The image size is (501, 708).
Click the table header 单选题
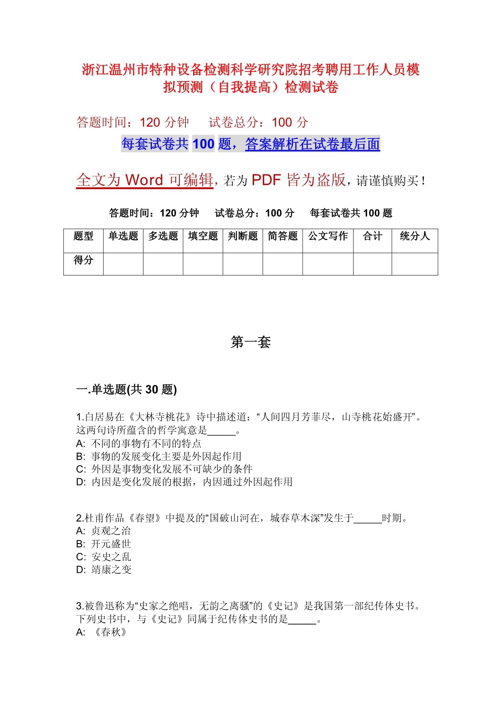point(123,236)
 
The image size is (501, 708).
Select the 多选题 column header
point(163,236)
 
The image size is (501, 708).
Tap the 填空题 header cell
point(203,236)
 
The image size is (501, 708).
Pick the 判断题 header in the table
point(243,236)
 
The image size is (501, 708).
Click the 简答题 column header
point(282,236)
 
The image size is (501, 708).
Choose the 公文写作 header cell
point(328,236)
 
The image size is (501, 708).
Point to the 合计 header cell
point(372,236)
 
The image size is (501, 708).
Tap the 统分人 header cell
point(415,236)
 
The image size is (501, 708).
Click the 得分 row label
point(83,260)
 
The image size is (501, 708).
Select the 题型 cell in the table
point(83,236)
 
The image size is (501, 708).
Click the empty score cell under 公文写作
point(328,264)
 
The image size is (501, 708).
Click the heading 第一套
point(250,342)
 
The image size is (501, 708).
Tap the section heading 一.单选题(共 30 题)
point(126,389)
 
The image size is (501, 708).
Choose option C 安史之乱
point(103,557)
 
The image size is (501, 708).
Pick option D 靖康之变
point(104,570)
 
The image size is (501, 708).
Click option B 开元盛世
point(103,544)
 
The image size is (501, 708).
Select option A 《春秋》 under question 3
point(102,632)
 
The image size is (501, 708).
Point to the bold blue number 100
point(203,144)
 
